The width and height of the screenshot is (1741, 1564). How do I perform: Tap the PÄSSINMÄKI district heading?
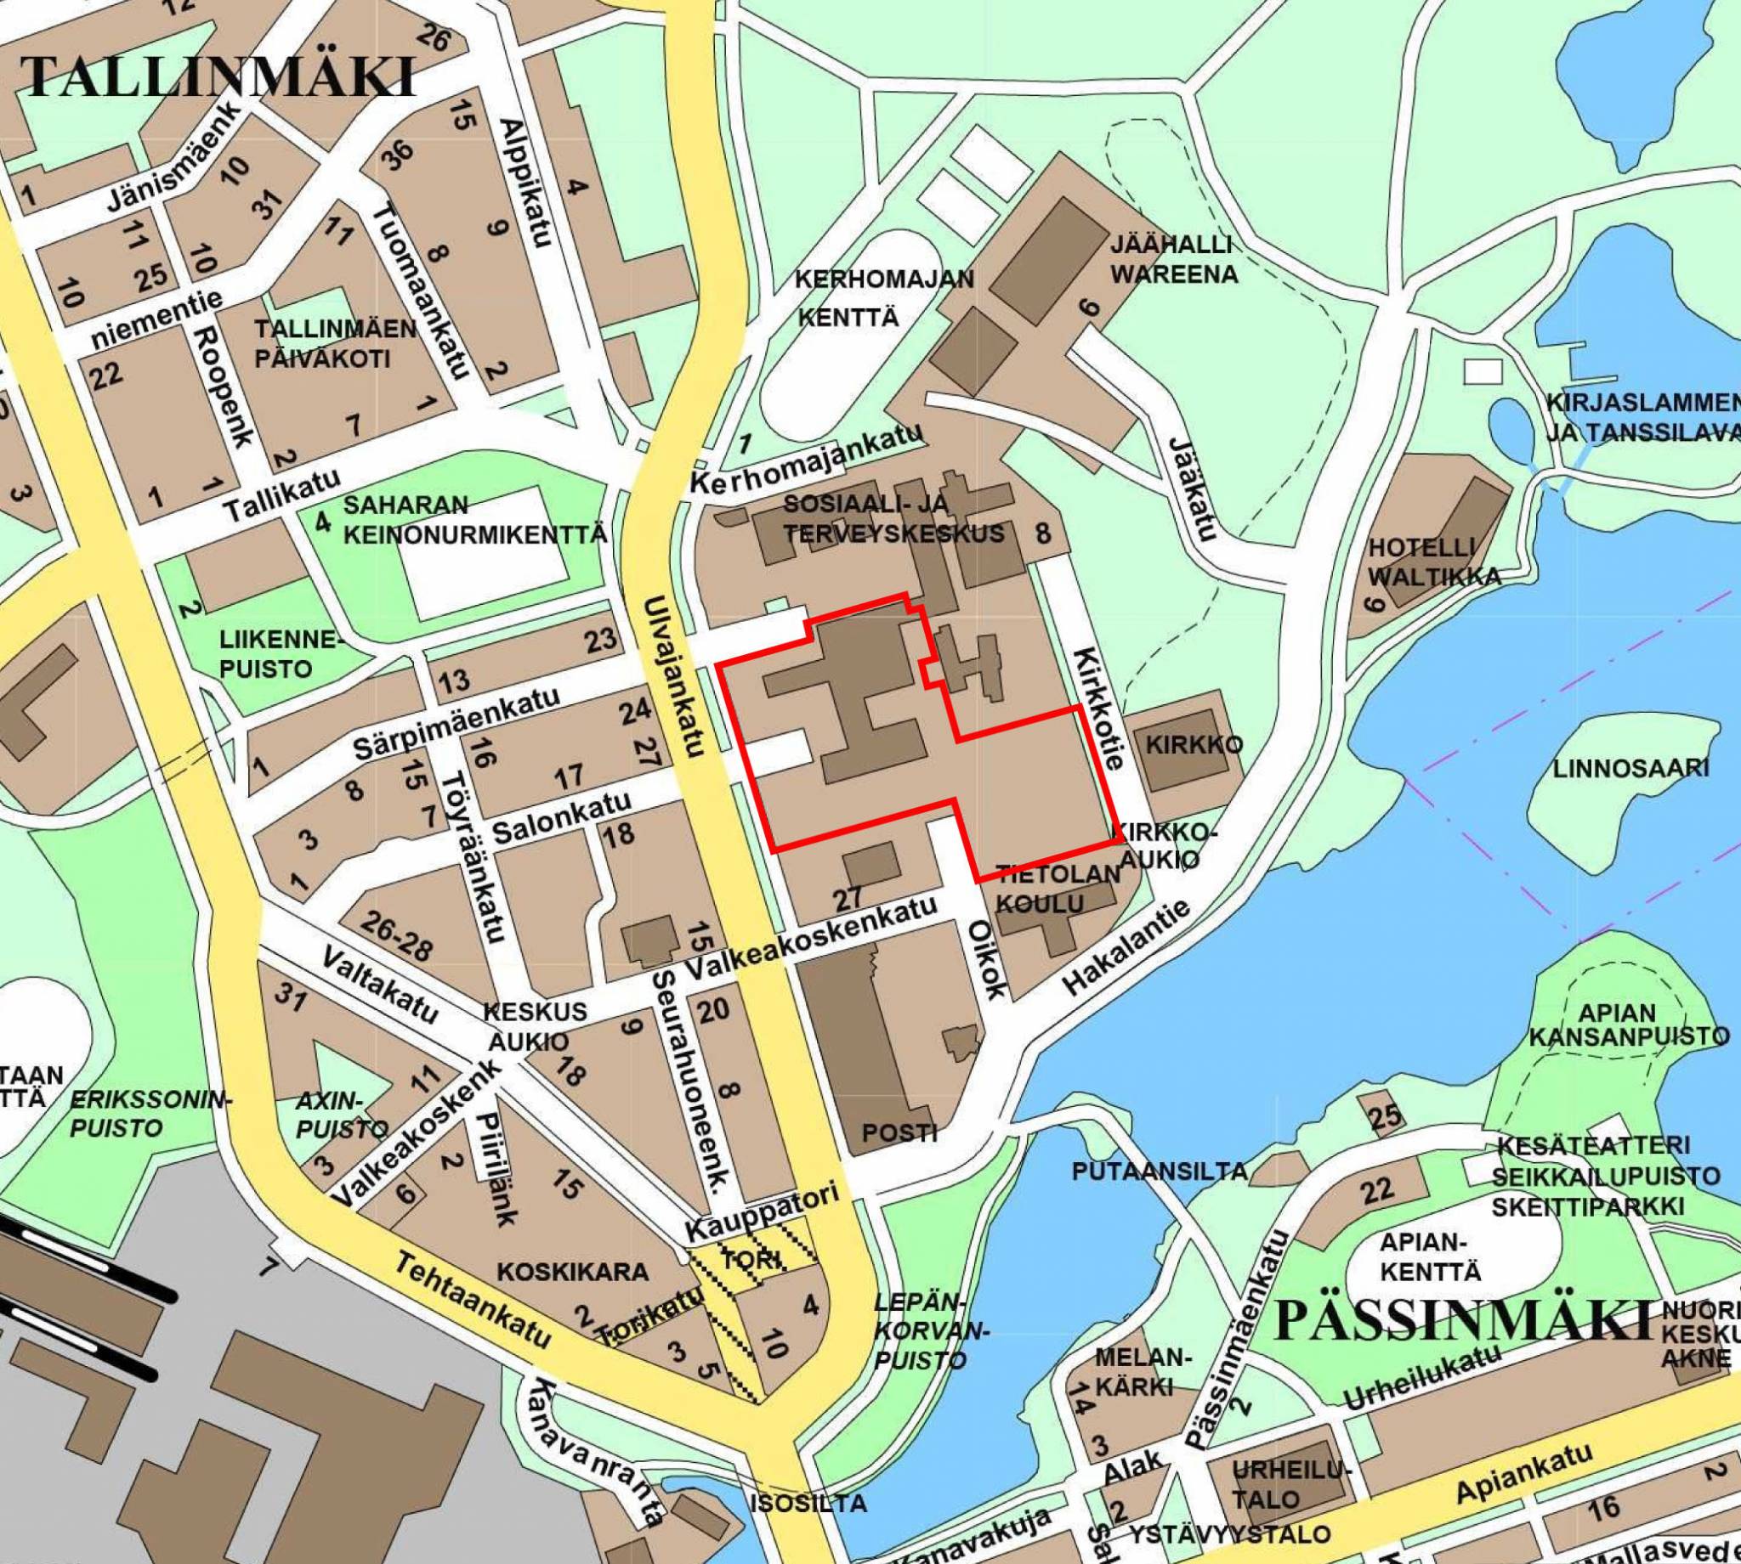[x=1462, y=1321]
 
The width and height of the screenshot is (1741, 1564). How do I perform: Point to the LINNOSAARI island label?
[x=1630, y=768]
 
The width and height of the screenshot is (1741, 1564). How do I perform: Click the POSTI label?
[x=899, y=1132]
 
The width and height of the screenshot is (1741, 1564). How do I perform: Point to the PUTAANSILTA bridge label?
[x=1160, y=1172]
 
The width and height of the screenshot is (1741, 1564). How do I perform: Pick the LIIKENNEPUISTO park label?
[x=281, y=654]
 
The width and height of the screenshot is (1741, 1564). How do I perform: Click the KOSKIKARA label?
[x=571, y=1271]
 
